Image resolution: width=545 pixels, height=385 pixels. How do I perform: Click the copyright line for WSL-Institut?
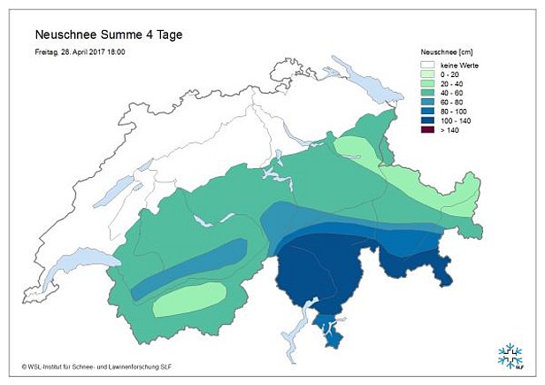coord(102,365)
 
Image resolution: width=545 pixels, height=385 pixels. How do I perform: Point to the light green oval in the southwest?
coord(189,300)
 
